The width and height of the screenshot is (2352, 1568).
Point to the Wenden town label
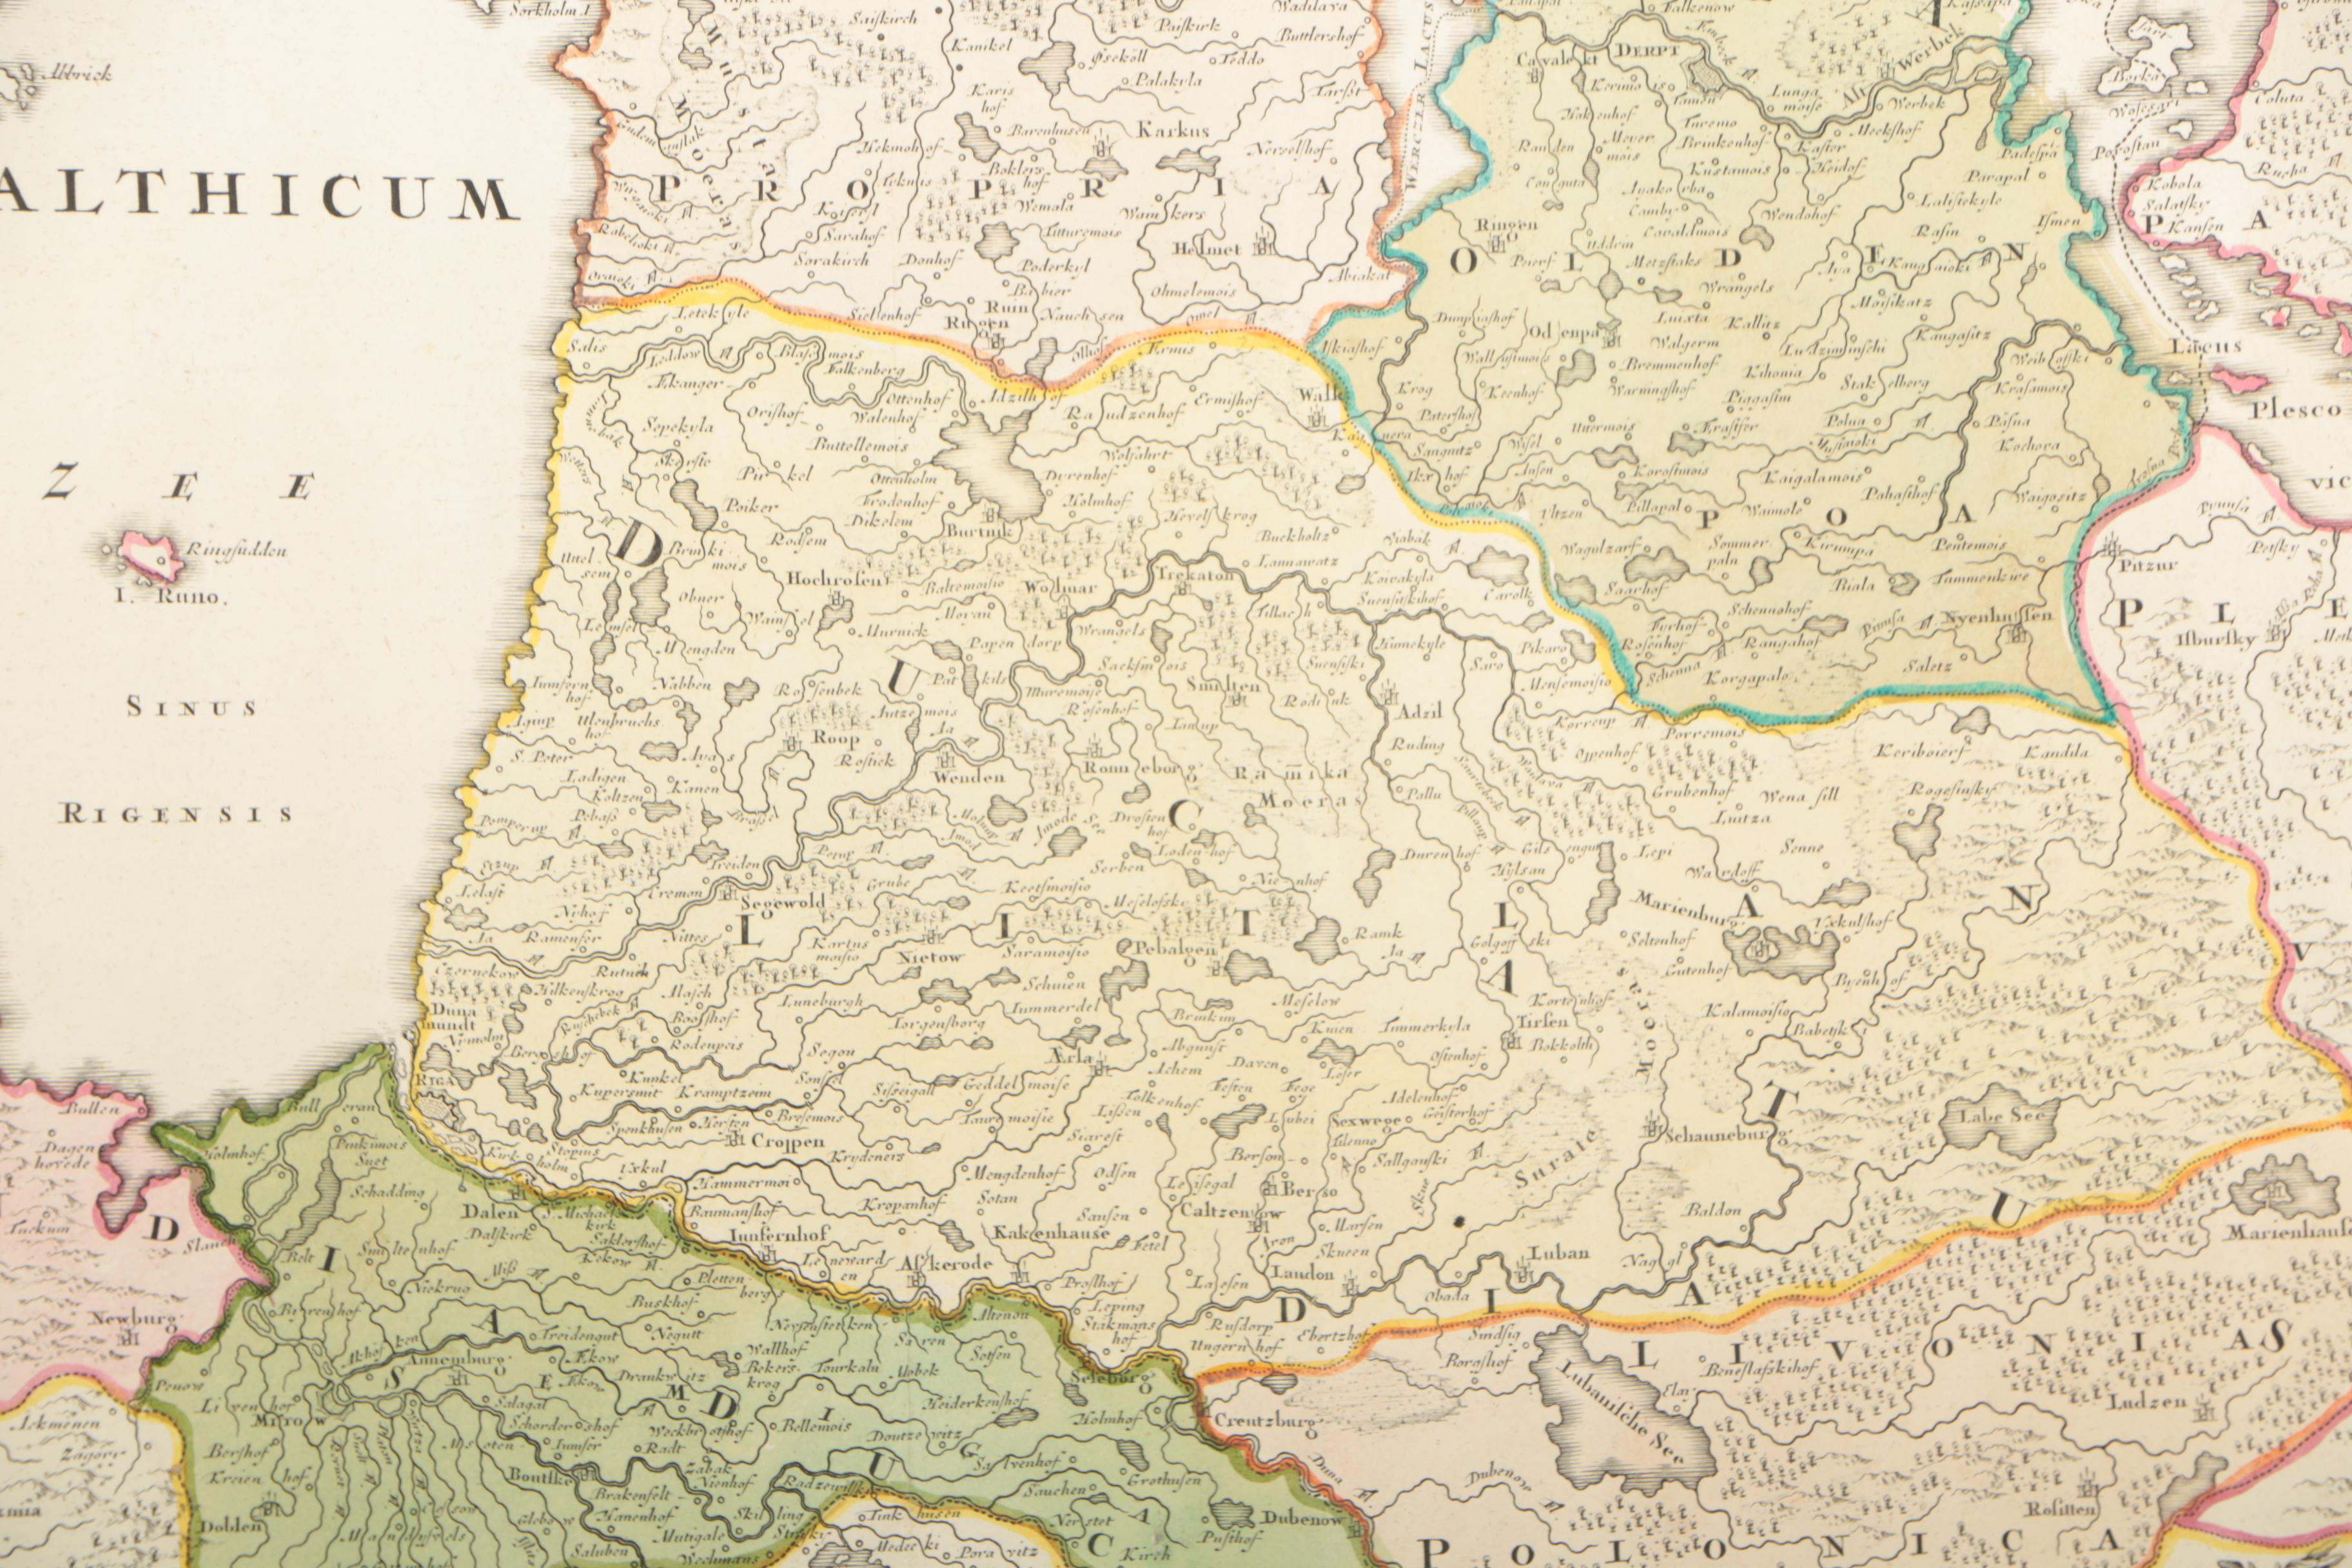pyautogui.click(x=968, y=776)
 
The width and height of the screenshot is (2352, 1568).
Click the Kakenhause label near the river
pyautogui.click(x=1050, y=1233)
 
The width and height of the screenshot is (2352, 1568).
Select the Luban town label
pyautogui.click(x=1559, y=1252)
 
